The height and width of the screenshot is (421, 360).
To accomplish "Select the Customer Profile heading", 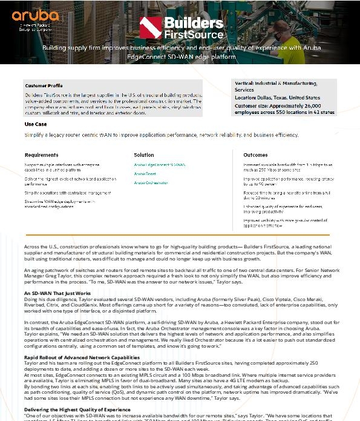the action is point(44,86).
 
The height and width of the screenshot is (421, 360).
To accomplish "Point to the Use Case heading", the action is point(36,124).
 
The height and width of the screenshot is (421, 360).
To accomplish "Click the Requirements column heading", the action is point(42,155).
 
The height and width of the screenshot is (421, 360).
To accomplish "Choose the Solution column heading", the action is point(144,155).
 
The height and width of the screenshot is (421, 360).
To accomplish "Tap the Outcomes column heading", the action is point(255,155).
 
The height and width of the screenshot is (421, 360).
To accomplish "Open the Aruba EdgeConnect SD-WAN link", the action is point(160,165).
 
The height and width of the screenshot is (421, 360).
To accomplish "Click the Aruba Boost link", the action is point(145,174).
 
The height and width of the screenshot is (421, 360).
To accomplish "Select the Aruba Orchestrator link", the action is point(151,182).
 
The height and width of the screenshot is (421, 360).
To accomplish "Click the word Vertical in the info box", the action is point(245,84).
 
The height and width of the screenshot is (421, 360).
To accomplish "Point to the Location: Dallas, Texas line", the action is point(277,98).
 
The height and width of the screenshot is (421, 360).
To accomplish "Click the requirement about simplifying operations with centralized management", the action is point(67,193).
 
